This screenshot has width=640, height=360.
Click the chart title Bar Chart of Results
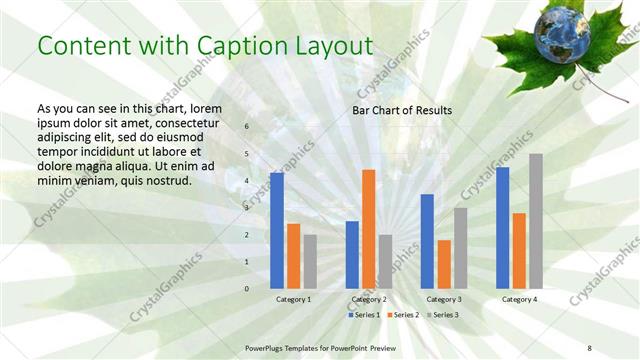pyautogui.click(x=402, y=110)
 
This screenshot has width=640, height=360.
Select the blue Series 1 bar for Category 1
pyautogui.click(x=277, y=230)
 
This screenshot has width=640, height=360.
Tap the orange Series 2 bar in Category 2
pyautogui.click(x=368, y=229)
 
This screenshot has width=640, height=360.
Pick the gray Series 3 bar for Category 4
pyautogui.click(x=536, y=221)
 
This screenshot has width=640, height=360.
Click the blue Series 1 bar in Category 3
pyautogui.click(x=427, y=241)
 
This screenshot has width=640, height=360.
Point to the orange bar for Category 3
pyautogui.click(x=444, y=264)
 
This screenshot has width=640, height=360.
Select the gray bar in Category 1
pyautogui.click(x=310, y=261)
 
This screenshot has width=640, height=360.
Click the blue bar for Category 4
pyautogui.click(x=502, y=227)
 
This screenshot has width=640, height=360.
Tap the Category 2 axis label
pyautogui.click(x=369, y=299)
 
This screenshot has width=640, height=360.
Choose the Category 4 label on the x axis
pyautogui.click(x=519, y=299)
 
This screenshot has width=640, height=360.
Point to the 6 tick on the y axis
pyautogui.click(x=247, y=127)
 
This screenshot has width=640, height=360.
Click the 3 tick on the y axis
pyautogui.click(x=247, y=208)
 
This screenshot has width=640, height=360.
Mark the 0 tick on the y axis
pyautogui.click(x=247, y=289)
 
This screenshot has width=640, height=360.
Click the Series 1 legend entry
pyautogui.click(x=364, y=315)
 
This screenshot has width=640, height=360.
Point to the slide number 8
pyautogui.click(x=590, y=347)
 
